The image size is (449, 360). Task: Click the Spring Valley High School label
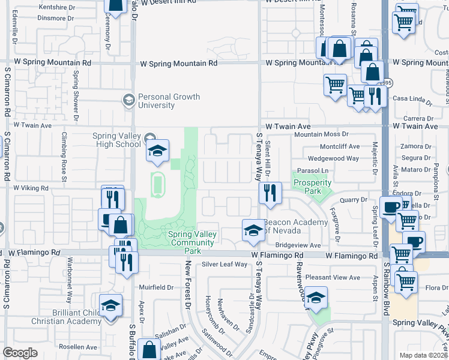(x=116, y=140)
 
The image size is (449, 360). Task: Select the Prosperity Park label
(x=312, y=187)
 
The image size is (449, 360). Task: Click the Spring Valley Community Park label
(x=183, y=239)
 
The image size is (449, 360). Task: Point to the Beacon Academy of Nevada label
(x=295, y=226)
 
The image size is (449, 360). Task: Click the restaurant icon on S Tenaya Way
(x=270, y=193)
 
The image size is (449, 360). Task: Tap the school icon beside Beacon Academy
(x=253, y=230)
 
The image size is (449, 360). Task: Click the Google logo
(x=20, y=353)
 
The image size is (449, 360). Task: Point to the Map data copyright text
(x=424, y=355)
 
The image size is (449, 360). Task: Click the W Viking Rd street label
(x=25, y=188)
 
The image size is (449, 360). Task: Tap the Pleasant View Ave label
(x=333, y=277)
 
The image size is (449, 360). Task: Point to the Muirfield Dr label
(x=155, y=287)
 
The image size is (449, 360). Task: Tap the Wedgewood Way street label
(x=334, y=158)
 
